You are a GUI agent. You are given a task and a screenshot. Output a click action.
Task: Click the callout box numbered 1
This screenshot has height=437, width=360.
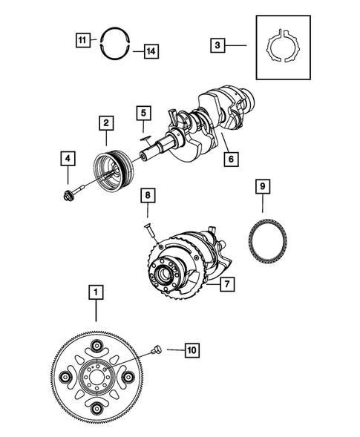click(x=95, y=292)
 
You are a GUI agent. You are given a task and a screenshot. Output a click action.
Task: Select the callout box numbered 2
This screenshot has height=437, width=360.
click(x=107, y=122)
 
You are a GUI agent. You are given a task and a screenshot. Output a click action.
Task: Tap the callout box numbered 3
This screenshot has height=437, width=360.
click(x=217, y=45)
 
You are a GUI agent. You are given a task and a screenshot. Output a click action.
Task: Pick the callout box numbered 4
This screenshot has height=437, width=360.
click(x=68, y=158)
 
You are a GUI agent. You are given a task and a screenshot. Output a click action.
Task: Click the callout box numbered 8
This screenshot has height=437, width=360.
click(x=149, y=196)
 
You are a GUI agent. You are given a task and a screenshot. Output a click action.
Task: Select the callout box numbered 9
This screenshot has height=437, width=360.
click(x=263, y=187)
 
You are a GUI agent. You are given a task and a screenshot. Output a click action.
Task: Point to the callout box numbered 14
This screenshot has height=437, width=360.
click(x=151, y=51)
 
